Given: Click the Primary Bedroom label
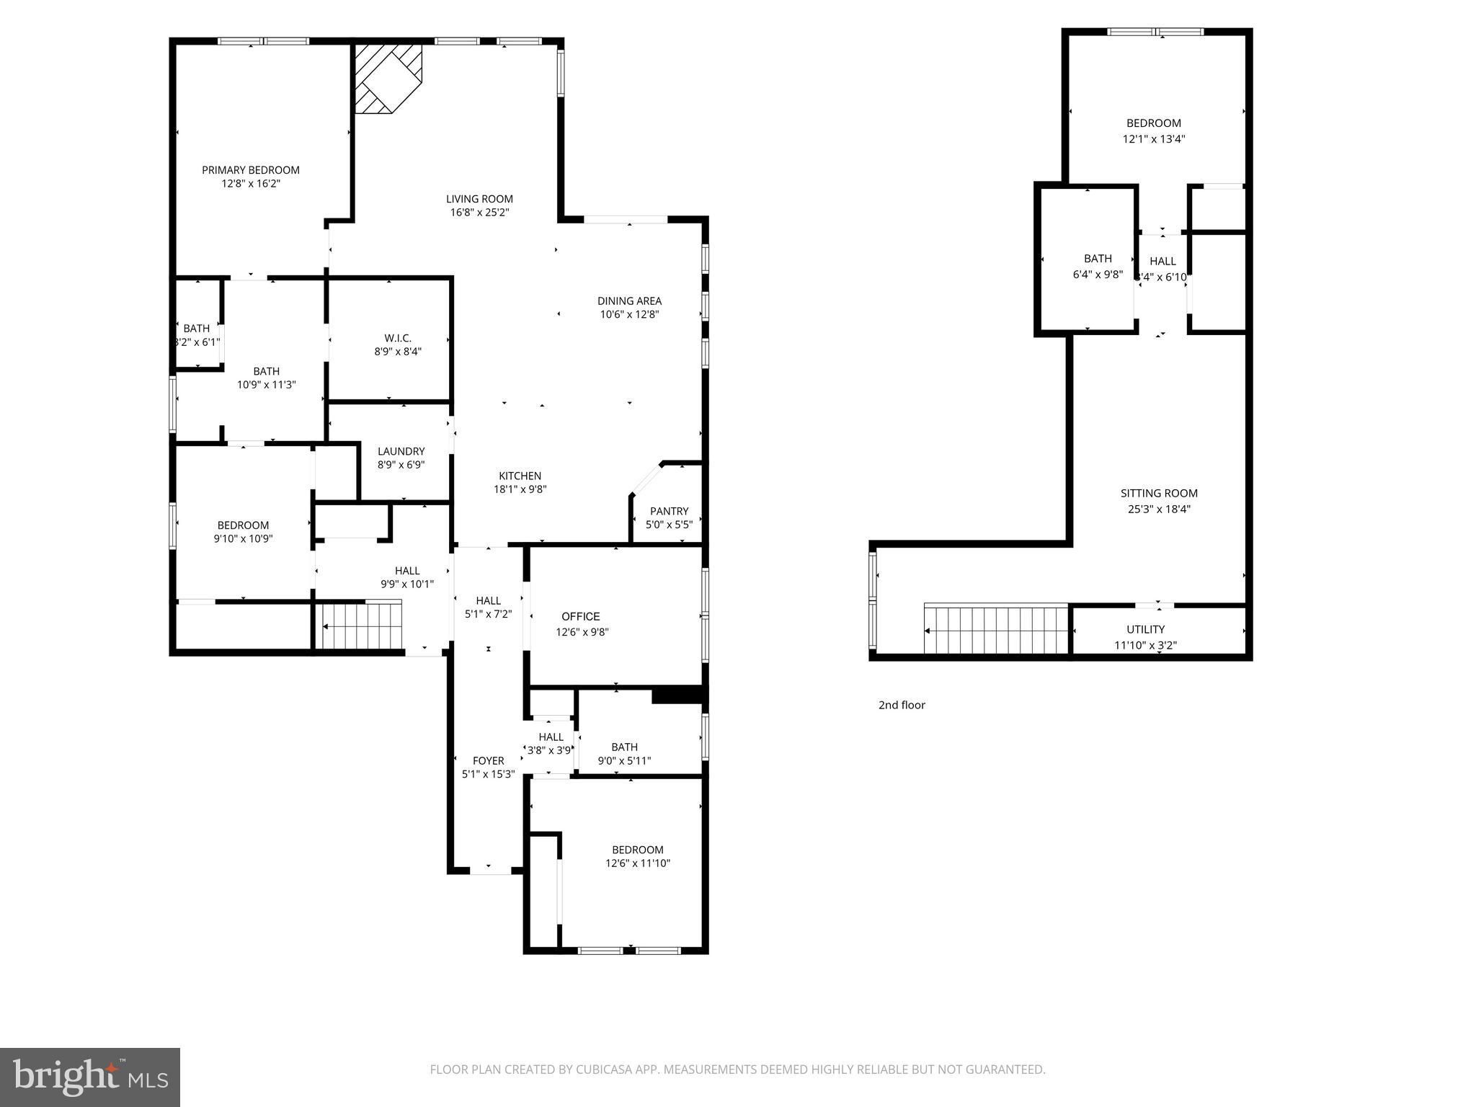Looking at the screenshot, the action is pyautogui.click(x=250, y=170).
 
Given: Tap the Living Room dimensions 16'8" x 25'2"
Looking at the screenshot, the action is pyautogui.click(x=479, y=213).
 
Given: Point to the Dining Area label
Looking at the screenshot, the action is pyautogui.click(x=629, y=301).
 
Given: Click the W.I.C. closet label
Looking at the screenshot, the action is pyautogui.click(x=398, y=338).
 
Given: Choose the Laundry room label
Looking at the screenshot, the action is pyautogui.click(x=401, y=451).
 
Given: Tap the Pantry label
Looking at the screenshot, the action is pyautogui.click(x=670, y=511).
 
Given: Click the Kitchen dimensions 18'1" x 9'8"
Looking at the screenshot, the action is pyautogui.click(x=520, y=489).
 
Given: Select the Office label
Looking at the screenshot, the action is pyautogui.click(x=581, y=616).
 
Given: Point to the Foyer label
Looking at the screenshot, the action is pyautogui.click(x=488, y=760).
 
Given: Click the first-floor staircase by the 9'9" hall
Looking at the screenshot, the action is pyautogui.click(x=361, y=626).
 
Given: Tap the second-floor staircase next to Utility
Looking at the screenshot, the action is pyautogui.click(x=995, y=628).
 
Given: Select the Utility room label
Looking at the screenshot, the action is pyautogui.click(x=1146, y=629).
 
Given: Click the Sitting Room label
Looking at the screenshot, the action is pyautogui.click(x=1159, y=493).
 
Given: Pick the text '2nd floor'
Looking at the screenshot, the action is pyautogui.click(x=902, y=705).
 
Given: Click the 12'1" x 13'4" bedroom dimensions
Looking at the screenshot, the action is pyautogui.click(x=1154, y=139).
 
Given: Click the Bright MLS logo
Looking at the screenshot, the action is pyautogui.click(x=90, y=1077).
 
